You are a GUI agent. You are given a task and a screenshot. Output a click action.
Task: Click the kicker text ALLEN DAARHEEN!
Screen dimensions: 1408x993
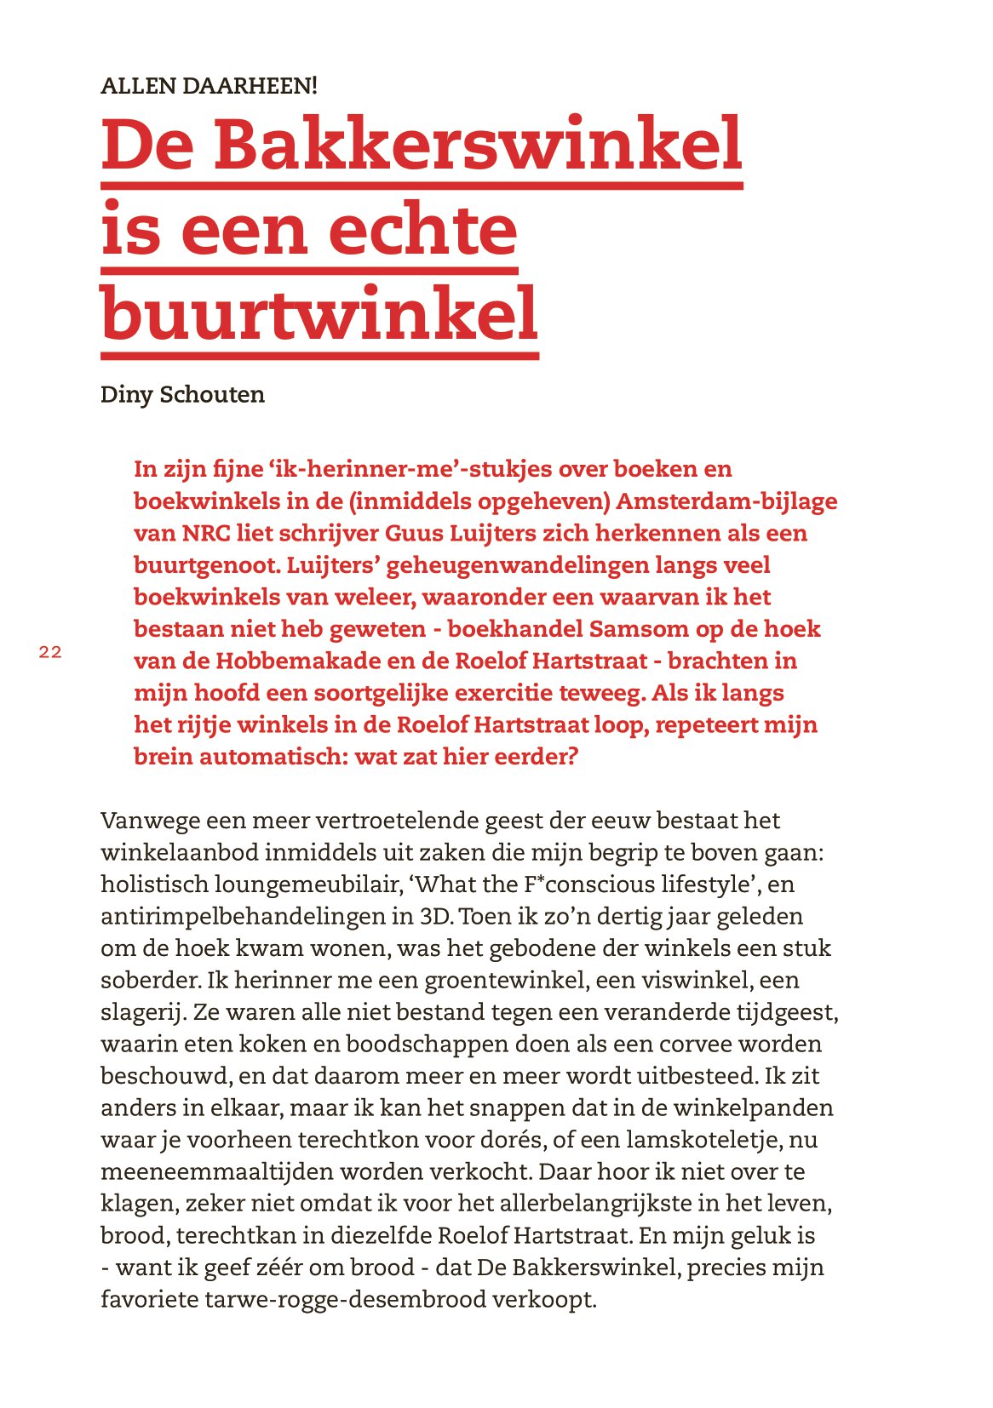coord(209,86)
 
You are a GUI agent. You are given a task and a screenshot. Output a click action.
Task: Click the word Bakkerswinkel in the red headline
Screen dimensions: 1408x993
coord(477,145)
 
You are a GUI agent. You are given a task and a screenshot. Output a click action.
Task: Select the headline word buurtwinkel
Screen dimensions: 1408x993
coord(319,313)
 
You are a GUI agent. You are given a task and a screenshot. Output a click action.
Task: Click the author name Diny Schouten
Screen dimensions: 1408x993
coord(182,395)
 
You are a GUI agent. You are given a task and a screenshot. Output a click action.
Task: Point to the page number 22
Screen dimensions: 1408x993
coord(50,653)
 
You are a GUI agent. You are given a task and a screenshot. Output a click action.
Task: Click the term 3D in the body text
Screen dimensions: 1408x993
coord(434,917)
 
